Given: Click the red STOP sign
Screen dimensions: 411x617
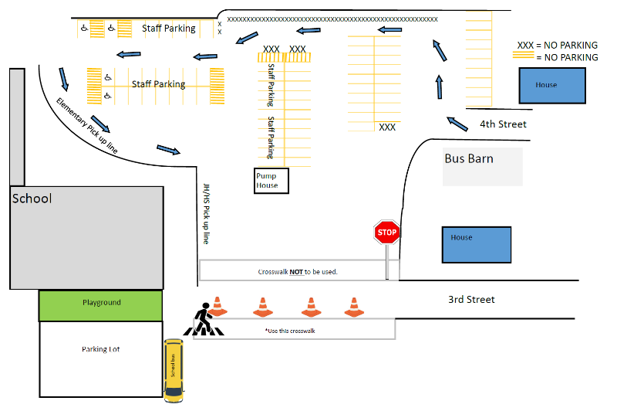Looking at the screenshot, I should pyautogui.click(x=386, y=233).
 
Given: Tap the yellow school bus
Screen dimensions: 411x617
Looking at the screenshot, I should pyautogui.click(x=174, y=370).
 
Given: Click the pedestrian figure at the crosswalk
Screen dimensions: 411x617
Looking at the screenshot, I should pyautogui.click(x=202, y=318).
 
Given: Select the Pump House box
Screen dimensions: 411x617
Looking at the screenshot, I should pyautogui.click(x=271, y=181).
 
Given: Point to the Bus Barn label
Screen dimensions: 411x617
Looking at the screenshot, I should pyautogui.click(x=469, y=159).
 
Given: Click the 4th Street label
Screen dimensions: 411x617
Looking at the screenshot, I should pyautogui.click(x=503, y=124).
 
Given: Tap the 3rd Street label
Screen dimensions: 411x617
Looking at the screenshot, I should pyautogui.click(x=471, y=300).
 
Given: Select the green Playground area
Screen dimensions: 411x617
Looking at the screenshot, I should pyautogui.click(x=101, y=303).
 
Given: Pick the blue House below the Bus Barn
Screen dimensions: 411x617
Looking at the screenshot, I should pyautogui.click(x=476, y=243).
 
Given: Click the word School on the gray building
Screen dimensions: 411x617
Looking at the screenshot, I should pyautogui.click(x=32, y=199).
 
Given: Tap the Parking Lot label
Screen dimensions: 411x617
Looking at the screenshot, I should pyautogui.click(x=101, y=349).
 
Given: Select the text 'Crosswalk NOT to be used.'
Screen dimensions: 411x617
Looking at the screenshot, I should pyautogui.click(x=298, y=272).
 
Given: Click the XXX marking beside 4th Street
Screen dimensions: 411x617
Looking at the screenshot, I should pyautogui.click(x=387, y=127).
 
